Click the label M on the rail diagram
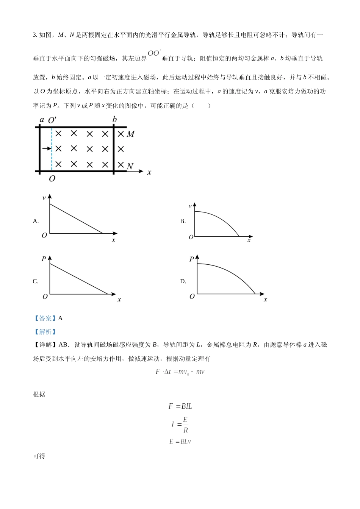[130, 134]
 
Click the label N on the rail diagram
[130, 166]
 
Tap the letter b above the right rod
[114, 120]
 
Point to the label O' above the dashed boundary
[52, 120]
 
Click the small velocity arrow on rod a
[47, 148]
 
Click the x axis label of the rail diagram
[149, 172]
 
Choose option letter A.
[36, 221]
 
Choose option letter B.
[183, 221]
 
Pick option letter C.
[36, 281]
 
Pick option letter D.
[183, 281]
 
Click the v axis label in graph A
[44, 198]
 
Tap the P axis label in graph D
[191, 259]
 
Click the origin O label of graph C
[45, 297]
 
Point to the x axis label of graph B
[249, 240]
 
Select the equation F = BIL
[180, 406]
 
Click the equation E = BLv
[180, 442]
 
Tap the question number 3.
[35, 35]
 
